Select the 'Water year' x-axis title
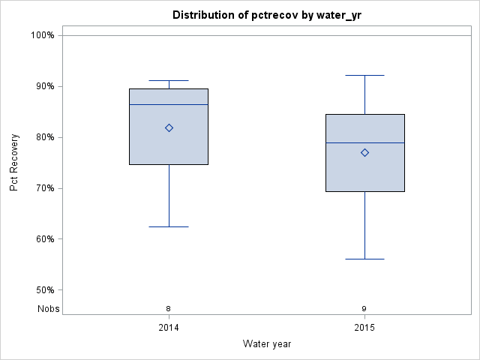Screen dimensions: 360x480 coord(267,344)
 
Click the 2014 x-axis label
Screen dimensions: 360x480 coord(169,328)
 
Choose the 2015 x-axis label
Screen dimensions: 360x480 coord(364,328)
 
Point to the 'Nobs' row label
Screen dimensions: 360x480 coord(48,309)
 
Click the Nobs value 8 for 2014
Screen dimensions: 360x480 coord(169,309)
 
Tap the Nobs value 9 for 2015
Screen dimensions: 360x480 coord(364,309)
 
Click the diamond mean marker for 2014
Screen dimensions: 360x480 coord(169,128)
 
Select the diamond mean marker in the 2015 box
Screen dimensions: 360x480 coord(364,152)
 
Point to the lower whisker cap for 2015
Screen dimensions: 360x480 coord(364,259)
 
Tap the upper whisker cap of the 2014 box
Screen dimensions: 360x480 coord(169,80)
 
